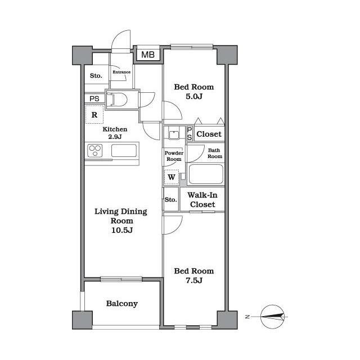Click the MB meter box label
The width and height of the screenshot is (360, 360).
tap(148, 55)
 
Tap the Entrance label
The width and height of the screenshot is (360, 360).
tap(121, 72)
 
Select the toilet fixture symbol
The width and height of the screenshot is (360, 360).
tap(117, 100)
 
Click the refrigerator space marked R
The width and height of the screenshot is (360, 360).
tap(94, 115)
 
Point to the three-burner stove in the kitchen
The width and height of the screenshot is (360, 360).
tap(95, 151)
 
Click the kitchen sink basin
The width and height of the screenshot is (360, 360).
tap(124, 151)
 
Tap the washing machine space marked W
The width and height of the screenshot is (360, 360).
tap(172, 177)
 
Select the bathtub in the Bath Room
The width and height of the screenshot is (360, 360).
tap(206, 174)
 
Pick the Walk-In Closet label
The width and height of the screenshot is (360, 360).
tap(202, 200)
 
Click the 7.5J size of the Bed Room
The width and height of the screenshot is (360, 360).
tap(194, 280)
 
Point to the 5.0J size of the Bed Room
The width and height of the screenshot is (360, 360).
tap(194, 96)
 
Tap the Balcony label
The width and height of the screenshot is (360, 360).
tap(122, 304)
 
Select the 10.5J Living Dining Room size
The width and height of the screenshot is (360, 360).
tap(122, 230)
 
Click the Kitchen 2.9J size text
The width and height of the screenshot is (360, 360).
tap(115, 137)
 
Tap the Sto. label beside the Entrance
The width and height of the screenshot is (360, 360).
tap(96, 75)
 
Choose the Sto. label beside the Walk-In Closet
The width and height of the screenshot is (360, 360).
tap(171, 200)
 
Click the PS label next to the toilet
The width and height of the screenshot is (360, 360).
tap(94, 99)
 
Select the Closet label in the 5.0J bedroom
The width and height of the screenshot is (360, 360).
tap(209, 134)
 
